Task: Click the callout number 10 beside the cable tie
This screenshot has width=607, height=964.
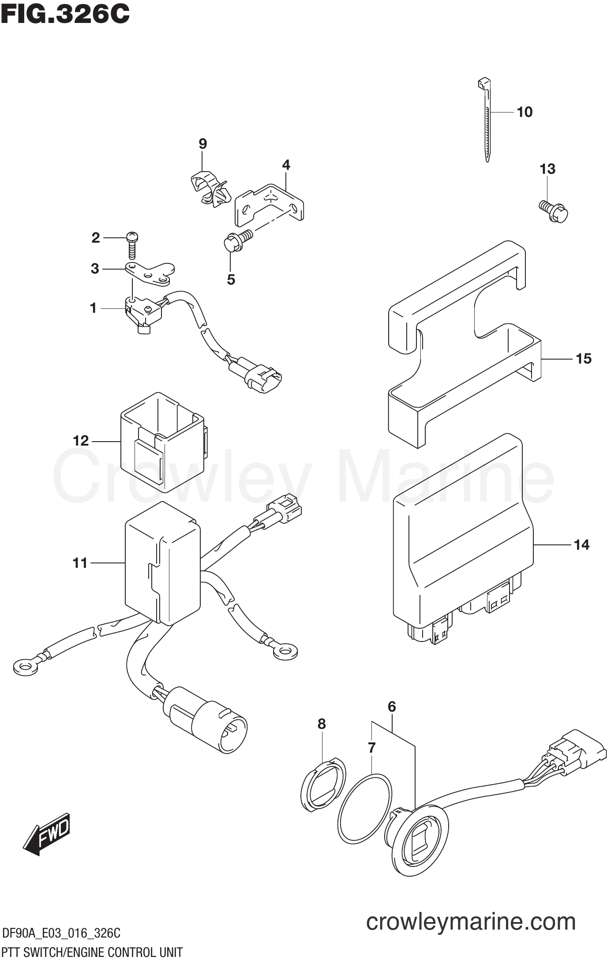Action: click(x=525, y=112)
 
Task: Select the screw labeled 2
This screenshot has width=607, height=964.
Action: click(x=132, y=244)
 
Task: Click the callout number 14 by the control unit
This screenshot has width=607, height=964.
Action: click(x=581, y=545)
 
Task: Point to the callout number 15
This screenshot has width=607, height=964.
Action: click(x=583, y=359)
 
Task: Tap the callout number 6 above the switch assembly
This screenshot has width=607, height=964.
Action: click(x=392, y=706)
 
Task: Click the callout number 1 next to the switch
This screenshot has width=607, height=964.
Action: click(x=93, y=308)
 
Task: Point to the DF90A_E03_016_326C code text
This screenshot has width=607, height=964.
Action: click(x=61, y=933)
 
